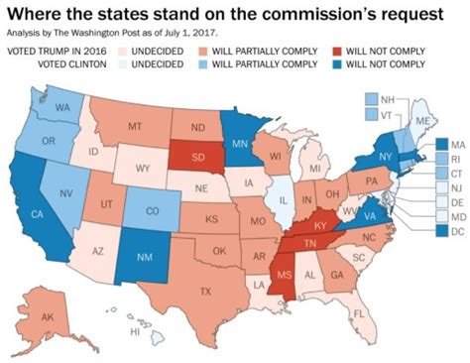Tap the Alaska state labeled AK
click(x=47, y=317)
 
